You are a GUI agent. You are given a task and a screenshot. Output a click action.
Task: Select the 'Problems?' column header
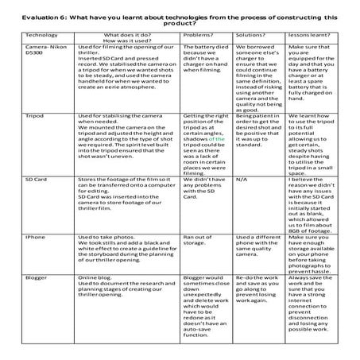click(x=200, y=36)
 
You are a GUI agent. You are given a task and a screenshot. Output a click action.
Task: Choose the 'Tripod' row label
click(x=36, y=116)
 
